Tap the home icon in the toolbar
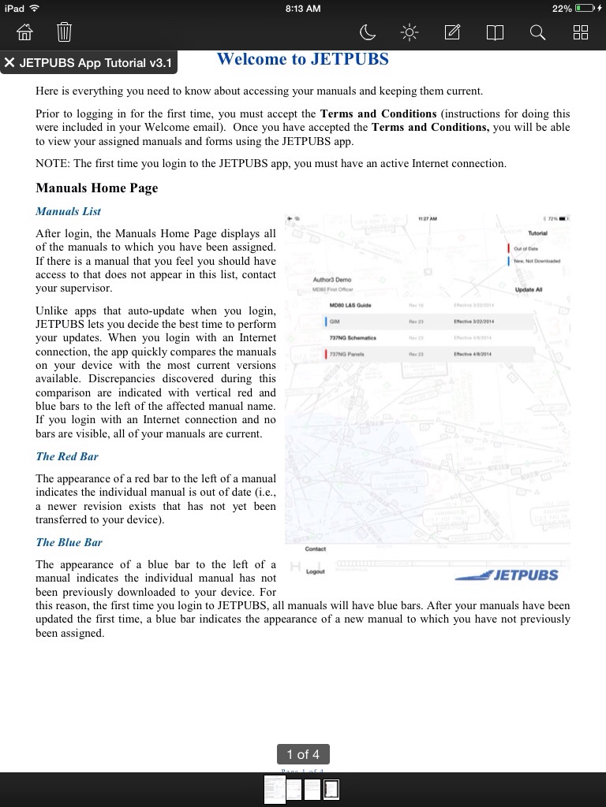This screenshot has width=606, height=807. point(25,32)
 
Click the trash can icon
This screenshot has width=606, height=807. point(64,32)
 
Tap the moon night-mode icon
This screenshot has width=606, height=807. point(368,32)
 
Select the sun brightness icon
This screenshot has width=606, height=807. point(410,32)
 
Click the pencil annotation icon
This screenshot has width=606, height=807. point(452,32)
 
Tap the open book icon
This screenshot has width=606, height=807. point(495,32)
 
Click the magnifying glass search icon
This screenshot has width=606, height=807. point(537,32)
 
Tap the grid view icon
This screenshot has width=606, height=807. point(581,32)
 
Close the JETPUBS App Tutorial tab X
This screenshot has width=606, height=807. point(10,63)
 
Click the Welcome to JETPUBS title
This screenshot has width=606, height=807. point(302,59)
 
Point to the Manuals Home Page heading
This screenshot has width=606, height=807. point(96,188)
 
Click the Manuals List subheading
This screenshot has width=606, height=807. point(68,211)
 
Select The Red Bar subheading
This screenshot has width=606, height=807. point(67,456)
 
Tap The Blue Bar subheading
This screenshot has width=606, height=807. point(69,542)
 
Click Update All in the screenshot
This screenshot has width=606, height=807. point(529,290)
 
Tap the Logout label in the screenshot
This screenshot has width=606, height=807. point(315,571)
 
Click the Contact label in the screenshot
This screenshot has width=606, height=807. point(315,549)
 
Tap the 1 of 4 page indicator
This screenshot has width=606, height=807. point(303,754)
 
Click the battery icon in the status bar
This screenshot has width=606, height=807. point(585,8)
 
